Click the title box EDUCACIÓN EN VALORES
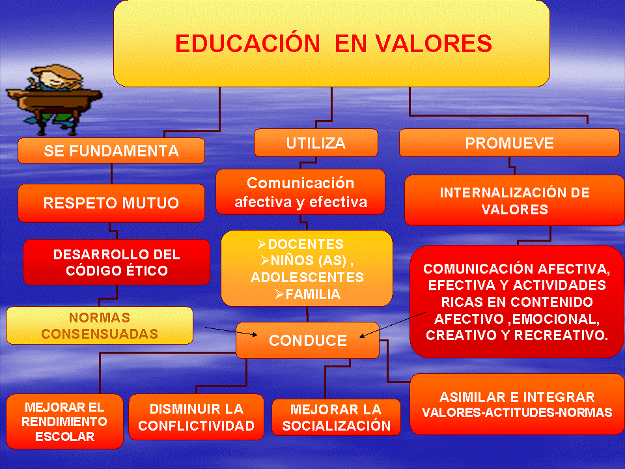[x=332, y=44]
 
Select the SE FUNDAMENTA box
[x=111, y=151]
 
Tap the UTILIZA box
[x=316, y=143]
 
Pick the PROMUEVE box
[x=509, y=143]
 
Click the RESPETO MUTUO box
[x=111, y=203]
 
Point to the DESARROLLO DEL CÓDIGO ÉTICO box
[x=117, y=262]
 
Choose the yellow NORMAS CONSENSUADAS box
[x=100, y=325]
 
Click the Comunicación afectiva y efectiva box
[x=300, y=192]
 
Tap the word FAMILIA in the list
[x=312, y=294]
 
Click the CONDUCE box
[x=307, y=340]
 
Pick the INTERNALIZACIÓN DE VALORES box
[x=514, y=201]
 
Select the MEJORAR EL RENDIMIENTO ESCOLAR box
[x=64, y=421]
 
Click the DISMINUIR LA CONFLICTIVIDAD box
[x=196, y=418]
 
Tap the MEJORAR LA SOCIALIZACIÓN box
[x=336, y=418]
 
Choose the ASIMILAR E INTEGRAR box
[x=517, y=404]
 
